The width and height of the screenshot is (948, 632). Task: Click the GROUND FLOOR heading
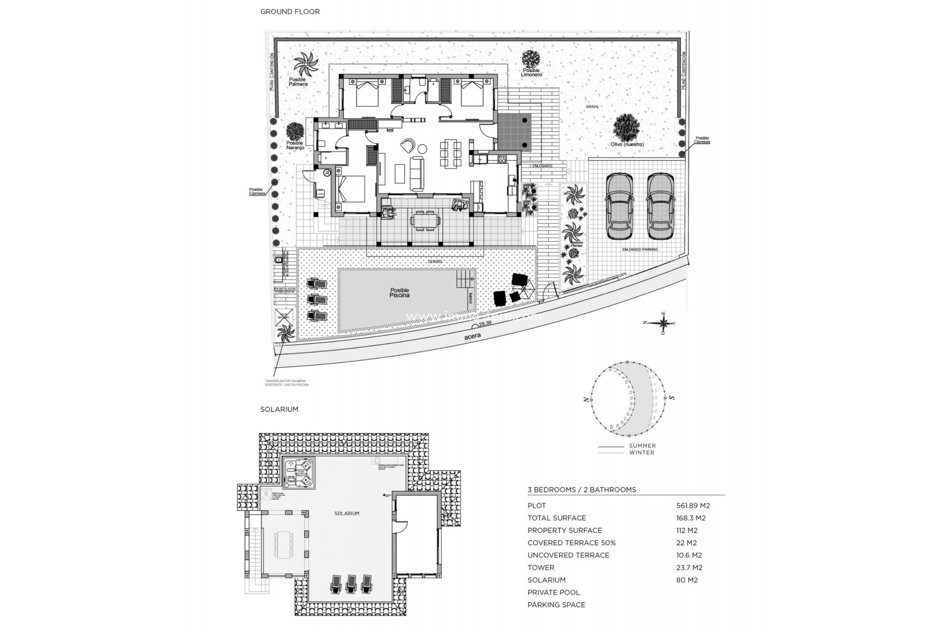[x=290, y=11]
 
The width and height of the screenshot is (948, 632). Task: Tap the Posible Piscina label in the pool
[x=399, y=293]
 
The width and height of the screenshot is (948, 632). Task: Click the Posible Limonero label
[x=532, y=73]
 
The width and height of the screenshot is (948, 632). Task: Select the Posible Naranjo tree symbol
[x=295, y=131]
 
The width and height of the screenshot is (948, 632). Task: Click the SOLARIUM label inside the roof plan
[x=347, y=513]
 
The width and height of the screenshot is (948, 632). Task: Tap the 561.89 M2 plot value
[x=693, y=506]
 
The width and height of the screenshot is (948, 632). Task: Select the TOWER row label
[x=541, y=567]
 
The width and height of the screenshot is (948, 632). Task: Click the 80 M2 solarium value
[x=687, y=580]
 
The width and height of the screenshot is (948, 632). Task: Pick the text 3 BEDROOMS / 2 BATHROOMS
[x=582, y=490]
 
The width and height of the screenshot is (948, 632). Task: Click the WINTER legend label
[x=641, y=452]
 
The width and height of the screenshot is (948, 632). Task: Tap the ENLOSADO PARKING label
[x=639, y=250]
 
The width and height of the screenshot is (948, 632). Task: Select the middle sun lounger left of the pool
[x=316, y=300]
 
